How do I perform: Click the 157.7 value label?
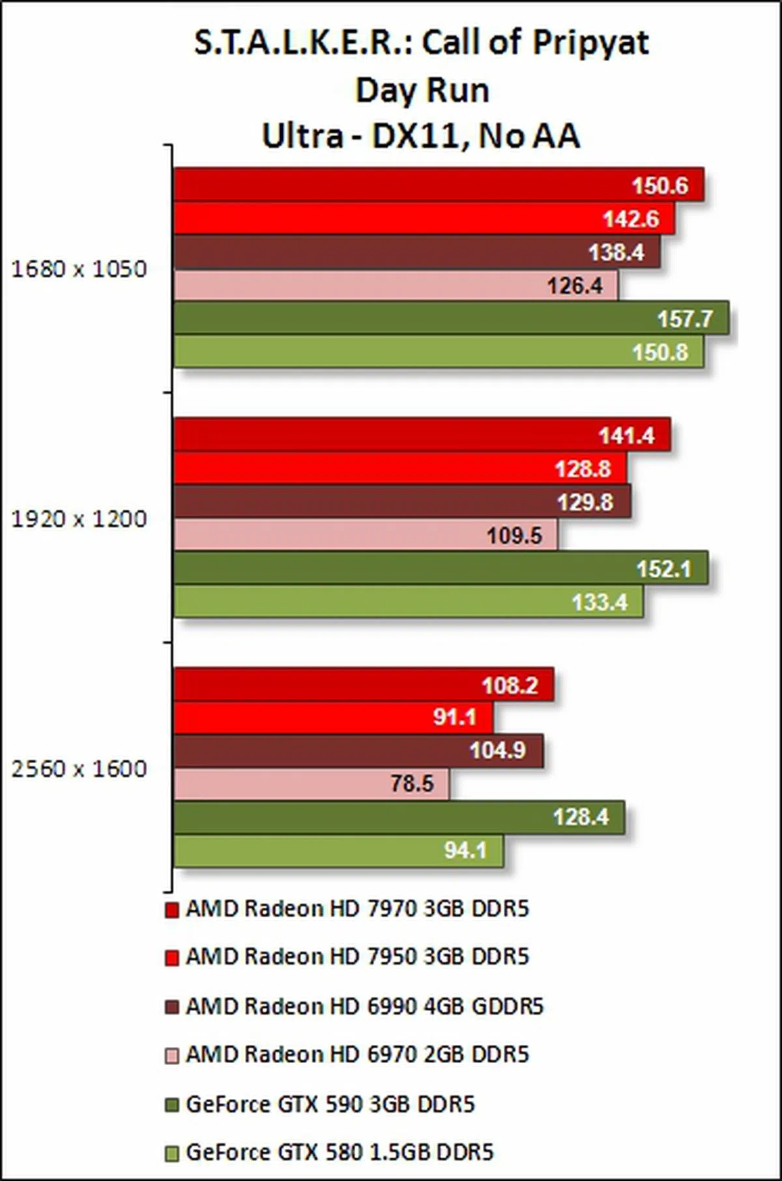click(x=685, y=319)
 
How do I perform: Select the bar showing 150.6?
click(x=438, y=185)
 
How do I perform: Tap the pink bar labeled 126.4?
click(x=395, y=285)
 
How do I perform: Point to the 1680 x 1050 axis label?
click(x=79, y=269)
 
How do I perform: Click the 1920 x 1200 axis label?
click(x=79, y=519)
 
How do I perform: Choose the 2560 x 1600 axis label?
click(x=79, y=769)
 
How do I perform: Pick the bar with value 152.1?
click(x=440, y=568)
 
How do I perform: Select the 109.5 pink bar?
click(x=365, y=535)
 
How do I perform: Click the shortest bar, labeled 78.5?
click(x=311, y=783)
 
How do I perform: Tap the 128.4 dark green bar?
click(x=398, y=817)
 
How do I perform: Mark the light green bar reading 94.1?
click(x=338, y=850)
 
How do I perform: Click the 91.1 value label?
click(x=455, y=717)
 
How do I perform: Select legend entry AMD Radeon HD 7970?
click(x=356, y=909)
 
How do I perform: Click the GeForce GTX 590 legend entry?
click(x=330, y=1104)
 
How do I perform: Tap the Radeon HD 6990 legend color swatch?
click(x=172, y=1007)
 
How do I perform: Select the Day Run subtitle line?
click(x=422, y=90)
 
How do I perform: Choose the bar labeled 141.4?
click(x=422, y=435)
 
